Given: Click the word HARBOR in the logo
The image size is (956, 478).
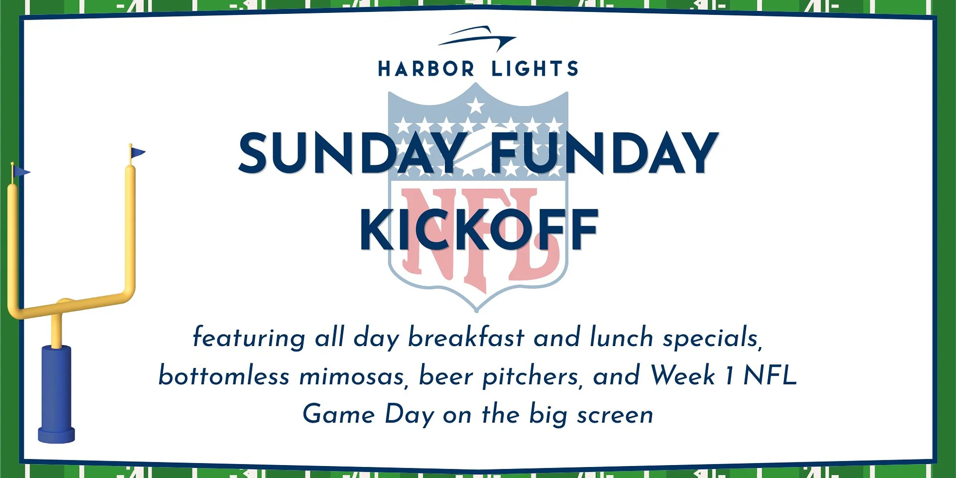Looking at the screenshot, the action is pos(426,69).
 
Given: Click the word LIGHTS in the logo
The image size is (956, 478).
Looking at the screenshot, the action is pos(535,69).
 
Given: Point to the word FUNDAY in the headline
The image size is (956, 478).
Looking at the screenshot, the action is pos(604,153).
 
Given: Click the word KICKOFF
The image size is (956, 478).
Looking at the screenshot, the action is pos(479,229).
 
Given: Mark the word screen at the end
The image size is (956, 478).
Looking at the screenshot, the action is pos(615,415).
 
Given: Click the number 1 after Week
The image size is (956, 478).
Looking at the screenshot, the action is pos(729,376).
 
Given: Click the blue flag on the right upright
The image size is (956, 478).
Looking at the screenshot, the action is pos(137,152).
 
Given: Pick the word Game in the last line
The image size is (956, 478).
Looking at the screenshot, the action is pos(339,414).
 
